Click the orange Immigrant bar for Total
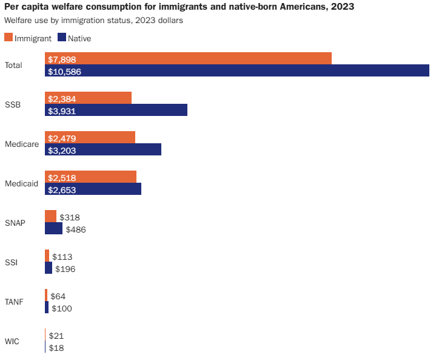tap(188, 58)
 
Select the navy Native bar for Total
tap(237, 71)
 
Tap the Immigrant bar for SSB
tap(88, 98)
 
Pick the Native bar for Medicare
tap(103, 149)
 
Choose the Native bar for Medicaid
tap(93, 189)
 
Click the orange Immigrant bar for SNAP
tap(50, 216)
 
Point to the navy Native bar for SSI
tap(49, 268)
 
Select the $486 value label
tap(76, 229)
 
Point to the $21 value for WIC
tap(56, 336)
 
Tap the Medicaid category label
tap(22, 183)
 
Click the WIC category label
tap(12, 341)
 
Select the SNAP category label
tap(15, 223)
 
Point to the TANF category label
tap(14, 302)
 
